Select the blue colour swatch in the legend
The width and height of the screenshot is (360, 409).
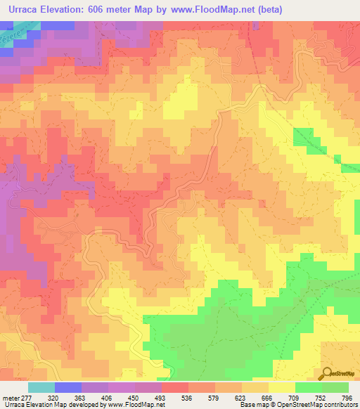[68, 387]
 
